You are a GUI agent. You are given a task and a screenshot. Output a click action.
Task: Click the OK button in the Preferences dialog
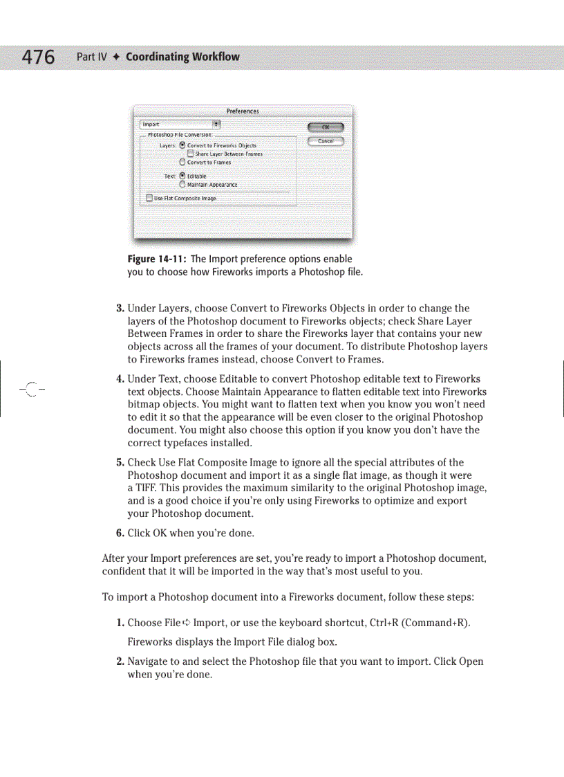click(x=325, y=127)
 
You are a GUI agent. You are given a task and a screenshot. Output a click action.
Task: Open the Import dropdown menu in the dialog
click(x=180, y=125)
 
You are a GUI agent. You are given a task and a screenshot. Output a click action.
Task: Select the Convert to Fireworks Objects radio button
click(x=182, y=145)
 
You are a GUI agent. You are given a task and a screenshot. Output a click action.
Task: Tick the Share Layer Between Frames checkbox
click(x=191, y=154)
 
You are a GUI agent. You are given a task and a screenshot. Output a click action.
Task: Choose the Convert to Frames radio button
click(x=182, y=162)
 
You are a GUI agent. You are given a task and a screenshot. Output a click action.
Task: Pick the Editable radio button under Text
click(x=182, y=176)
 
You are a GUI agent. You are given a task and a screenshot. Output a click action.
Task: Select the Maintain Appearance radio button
click(x=182, y=185)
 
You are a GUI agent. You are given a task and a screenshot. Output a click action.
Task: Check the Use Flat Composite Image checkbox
click(x=149, y=199)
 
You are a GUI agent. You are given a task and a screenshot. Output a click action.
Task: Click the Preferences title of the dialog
click(x=243, y=111)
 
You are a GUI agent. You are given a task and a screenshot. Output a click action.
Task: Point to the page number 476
click(x=38, y=57)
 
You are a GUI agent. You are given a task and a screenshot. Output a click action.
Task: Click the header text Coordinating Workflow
click(x=182, y=57)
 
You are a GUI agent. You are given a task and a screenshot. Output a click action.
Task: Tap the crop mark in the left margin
click(x=31, y=390)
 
